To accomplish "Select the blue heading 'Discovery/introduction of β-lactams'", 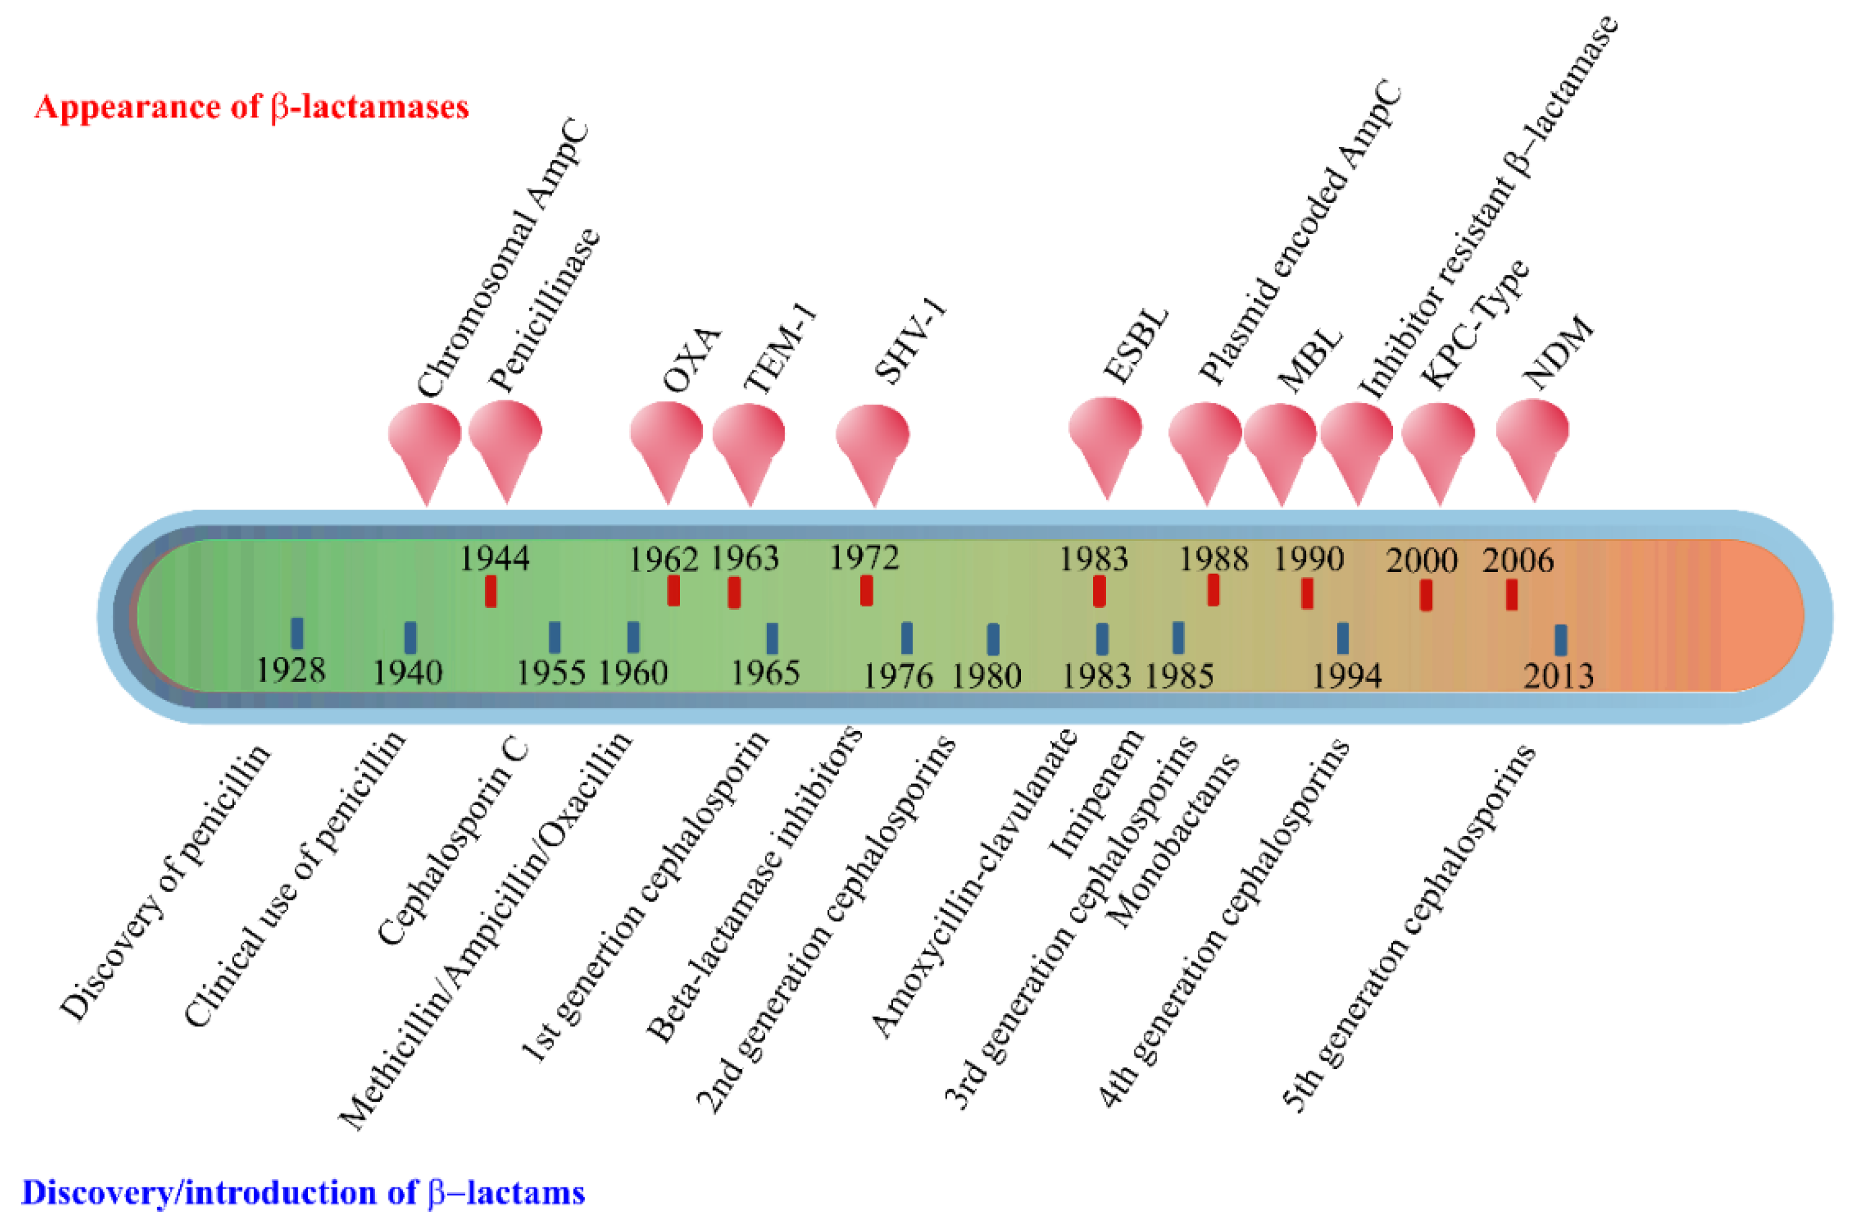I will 302,1193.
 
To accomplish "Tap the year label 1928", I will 290,670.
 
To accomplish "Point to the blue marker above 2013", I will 1560,639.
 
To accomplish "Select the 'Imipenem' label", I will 1096,794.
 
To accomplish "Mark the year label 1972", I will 864,558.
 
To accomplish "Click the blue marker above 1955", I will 554,637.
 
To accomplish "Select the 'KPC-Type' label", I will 1475,324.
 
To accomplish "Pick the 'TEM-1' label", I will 780,348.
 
